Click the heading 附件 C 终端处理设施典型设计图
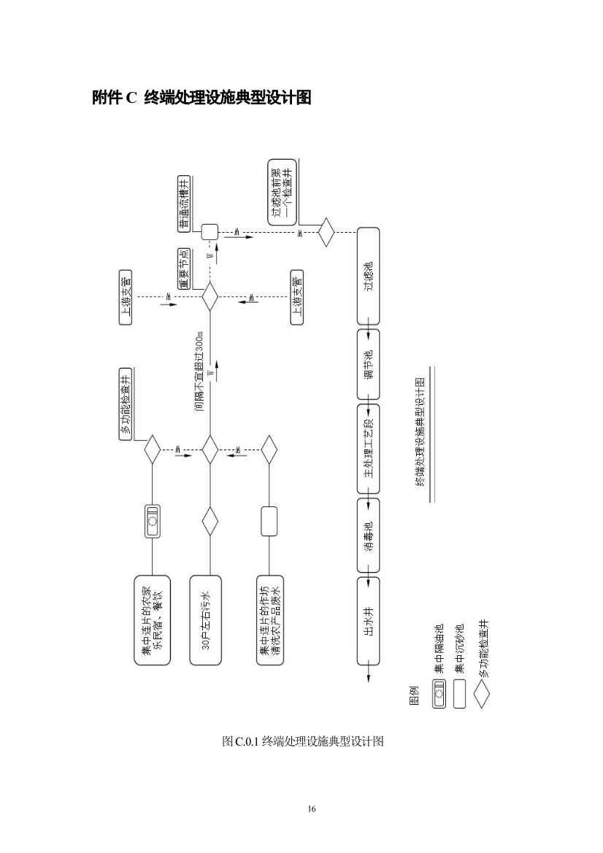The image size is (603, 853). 201,97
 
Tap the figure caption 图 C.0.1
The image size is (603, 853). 301,741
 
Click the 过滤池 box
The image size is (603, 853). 368,276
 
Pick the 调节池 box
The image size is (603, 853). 368,366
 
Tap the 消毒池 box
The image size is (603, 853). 368,535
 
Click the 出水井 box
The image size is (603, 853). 368,620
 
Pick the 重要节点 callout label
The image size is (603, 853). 185,269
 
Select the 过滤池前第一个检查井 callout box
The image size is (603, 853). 283,193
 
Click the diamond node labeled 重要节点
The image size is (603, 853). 210,297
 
